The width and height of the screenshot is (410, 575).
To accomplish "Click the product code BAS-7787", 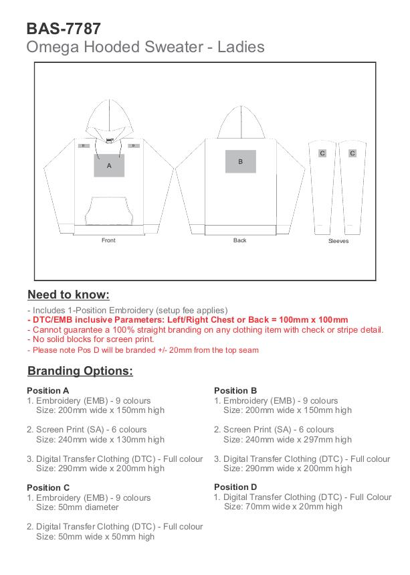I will [64, 28].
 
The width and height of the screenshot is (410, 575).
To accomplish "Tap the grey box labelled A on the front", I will [109, 165].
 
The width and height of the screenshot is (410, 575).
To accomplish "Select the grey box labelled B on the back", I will [241, 161].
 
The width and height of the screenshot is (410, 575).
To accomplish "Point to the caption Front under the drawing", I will [108, 240].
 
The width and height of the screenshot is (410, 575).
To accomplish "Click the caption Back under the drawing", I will [240, 240].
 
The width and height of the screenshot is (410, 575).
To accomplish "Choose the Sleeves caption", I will [338, 241].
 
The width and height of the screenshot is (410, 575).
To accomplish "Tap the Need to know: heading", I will [68, 295].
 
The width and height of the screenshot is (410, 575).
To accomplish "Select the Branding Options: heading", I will [80, 371].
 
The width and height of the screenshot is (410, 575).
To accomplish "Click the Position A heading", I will [47, 390].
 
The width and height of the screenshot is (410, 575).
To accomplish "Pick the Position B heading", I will [235, 390].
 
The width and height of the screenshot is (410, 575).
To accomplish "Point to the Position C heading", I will [48, 488].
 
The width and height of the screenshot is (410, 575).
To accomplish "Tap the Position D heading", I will [235, 487].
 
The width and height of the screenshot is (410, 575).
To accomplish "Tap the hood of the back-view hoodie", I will [241, 124].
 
